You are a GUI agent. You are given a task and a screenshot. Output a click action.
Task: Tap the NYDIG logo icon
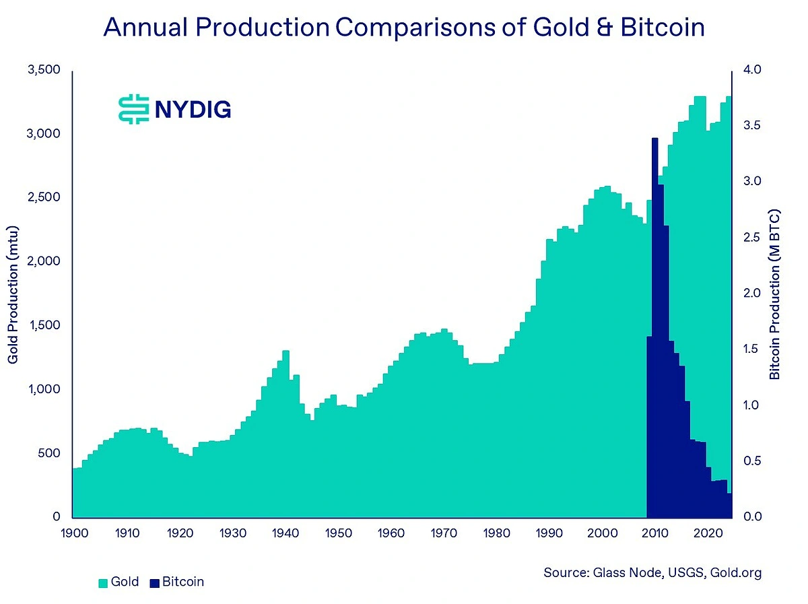pyautogui.click(x=133, y=108)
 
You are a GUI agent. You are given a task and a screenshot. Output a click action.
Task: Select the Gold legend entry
pyautogui.click(x=119, y=582)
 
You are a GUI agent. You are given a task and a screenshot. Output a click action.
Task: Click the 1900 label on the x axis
pyautogui.click(x=75, y=533)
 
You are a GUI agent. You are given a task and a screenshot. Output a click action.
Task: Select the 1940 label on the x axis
pyautogui.click(x=286, y=533)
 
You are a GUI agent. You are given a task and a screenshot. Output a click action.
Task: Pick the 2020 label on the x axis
pyautogui.click(x=708, y=533)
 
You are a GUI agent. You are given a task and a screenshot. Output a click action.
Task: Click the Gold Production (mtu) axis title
pyautogui.click(x=13, y=294)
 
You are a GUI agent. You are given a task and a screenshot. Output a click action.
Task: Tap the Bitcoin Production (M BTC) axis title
pyautogui.click(x=775, y=294)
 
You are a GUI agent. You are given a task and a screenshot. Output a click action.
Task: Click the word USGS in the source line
pyautogui.click(x=685, y=573)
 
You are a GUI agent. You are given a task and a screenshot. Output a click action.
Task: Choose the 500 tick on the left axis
pyautogui.click(x=48, y=453)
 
